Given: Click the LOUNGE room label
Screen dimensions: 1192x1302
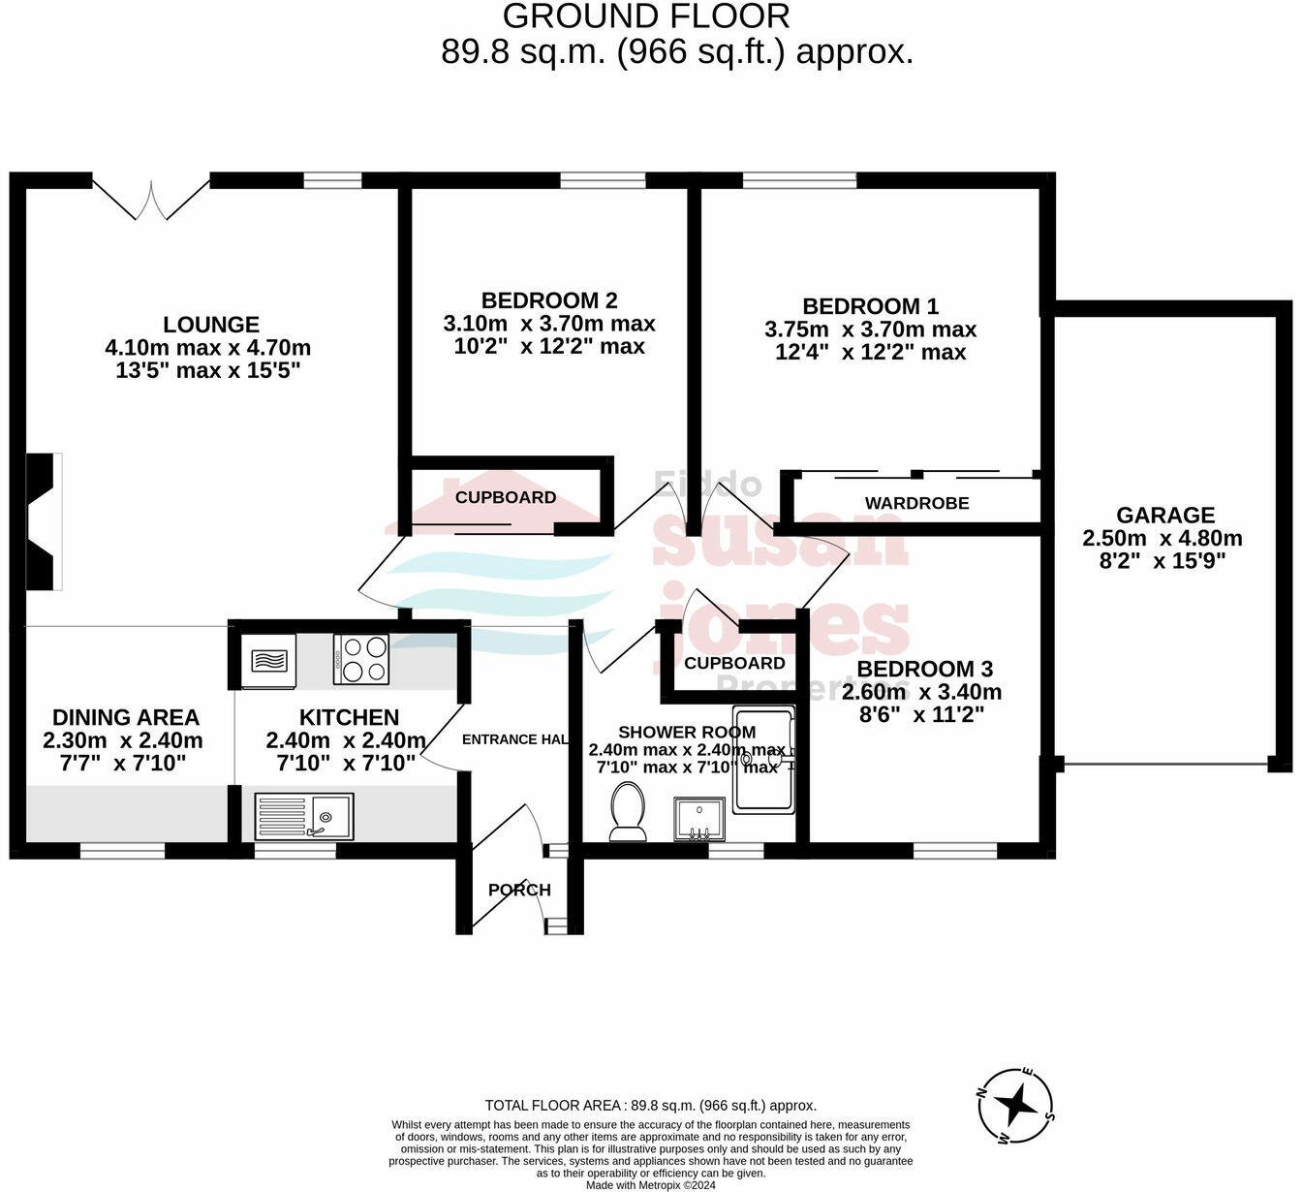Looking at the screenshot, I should pos(210,325).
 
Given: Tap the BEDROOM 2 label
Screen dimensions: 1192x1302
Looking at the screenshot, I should pos(549,300).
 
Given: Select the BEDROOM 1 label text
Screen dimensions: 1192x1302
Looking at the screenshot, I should pos(870,306).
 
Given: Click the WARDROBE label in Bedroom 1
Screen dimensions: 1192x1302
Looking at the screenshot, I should pos(916,503).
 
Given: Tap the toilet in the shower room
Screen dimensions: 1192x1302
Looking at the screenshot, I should pos(628,812).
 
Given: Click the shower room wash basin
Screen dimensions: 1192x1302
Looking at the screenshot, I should pos(698,820).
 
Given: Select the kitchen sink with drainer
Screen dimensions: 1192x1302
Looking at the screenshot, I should pos(304,816).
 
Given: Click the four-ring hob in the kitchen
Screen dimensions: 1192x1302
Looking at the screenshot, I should pos(361,659).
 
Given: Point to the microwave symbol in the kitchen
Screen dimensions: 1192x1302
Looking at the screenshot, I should pos(268,661).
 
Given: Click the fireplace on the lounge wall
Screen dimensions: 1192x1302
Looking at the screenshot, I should pos(44,521).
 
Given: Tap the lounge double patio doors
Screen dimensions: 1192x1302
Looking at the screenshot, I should pos(151,199).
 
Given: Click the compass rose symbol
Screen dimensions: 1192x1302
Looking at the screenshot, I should pos(1015,1105).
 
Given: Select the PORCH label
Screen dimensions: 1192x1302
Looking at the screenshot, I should pos(519,890).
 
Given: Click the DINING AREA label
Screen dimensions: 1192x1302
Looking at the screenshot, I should pos(125,717).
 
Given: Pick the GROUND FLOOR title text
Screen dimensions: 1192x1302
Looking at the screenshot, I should pos(646,16).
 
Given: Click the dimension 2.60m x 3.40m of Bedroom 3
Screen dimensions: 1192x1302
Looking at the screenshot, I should pos(921,692).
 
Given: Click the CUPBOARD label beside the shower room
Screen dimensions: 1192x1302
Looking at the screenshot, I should pos(734,663).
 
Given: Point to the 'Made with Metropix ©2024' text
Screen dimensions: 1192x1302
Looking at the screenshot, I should pos(650,1184).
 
